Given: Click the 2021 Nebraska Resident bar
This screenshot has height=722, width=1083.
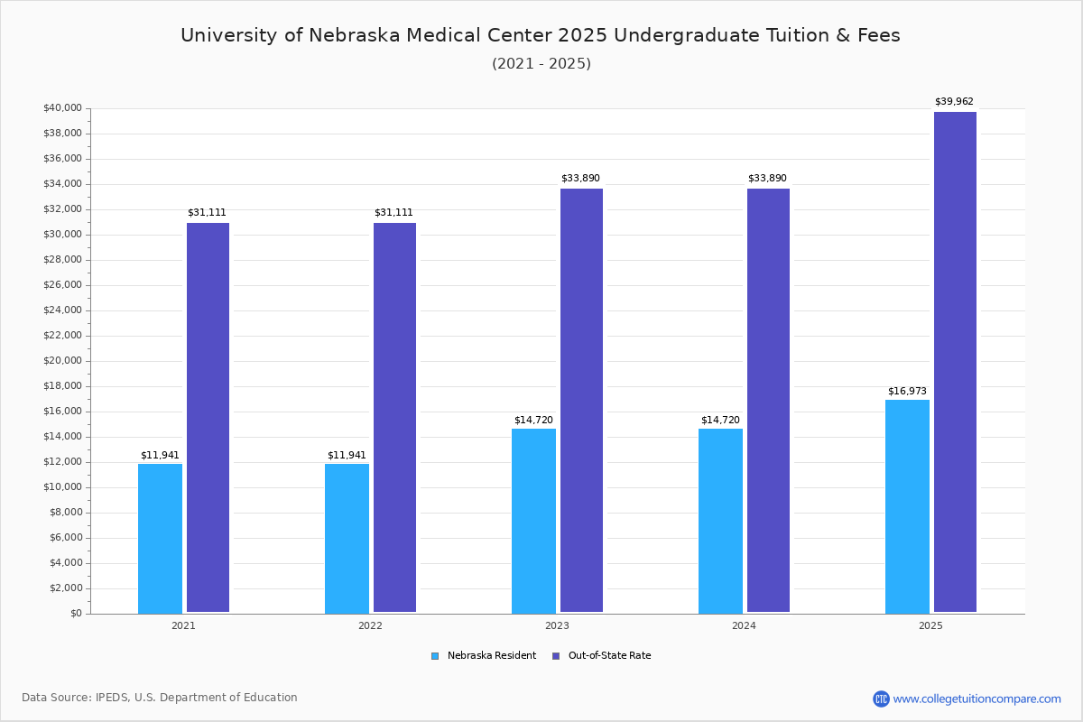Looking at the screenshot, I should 160,538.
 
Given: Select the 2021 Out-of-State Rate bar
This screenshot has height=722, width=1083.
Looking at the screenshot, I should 208,418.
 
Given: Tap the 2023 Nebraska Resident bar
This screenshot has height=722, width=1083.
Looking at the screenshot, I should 533,521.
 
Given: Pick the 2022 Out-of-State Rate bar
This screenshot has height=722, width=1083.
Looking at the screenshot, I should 394,418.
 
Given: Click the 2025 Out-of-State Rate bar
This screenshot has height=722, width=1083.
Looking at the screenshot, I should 955,362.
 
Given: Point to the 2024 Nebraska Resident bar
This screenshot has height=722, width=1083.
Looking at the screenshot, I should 720,521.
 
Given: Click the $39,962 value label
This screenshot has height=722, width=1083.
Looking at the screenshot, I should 954,102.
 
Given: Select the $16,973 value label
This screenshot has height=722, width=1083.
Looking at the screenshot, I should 907,391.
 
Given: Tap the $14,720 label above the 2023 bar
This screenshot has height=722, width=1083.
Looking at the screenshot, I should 533,421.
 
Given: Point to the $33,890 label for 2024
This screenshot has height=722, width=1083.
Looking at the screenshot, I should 768,179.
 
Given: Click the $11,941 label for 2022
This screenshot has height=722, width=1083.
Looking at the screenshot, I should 347,456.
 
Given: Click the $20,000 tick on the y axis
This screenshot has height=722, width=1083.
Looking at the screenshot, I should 62,361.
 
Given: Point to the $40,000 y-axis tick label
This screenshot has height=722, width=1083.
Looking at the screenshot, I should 62,108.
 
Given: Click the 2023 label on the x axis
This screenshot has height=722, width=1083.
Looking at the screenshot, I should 557,625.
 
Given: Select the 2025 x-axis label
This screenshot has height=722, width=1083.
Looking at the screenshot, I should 930,625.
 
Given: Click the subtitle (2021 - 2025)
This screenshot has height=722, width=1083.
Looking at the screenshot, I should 541,63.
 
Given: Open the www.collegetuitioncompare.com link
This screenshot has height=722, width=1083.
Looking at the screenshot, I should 977,699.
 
